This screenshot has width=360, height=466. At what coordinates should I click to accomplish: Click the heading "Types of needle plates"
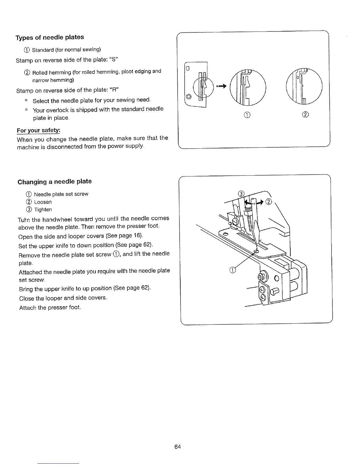[50, 37]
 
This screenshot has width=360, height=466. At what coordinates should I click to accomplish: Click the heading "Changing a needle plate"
[55, 182]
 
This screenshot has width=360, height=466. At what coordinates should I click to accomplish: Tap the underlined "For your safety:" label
[39, 130]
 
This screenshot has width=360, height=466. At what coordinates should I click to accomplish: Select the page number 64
[177, 447]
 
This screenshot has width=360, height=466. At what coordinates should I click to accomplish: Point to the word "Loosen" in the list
[43, 202]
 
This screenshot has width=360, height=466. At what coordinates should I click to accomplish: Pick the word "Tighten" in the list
[43, 210]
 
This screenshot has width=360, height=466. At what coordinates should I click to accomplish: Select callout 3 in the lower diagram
[241, 194]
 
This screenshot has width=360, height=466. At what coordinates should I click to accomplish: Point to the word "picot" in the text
[131, 72]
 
